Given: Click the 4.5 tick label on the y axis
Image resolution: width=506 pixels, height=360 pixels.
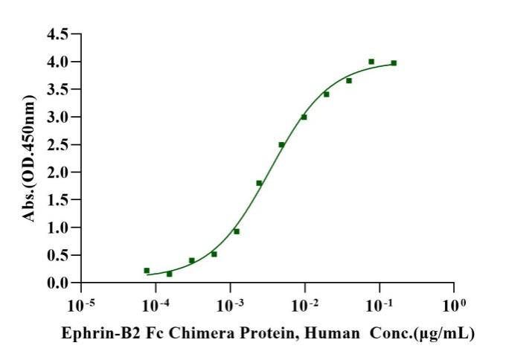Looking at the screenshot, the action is coord(58,34).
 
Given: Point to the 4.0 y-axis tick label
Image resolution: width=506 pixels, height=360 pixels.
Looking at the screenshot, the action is coord(58,62).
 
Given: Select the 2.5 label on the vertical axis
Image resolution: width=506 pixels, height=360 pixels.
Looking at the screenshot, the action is coord(58,144).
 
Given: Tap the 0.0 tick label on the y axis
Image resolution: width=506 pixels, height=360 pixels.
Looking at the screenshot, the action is coord(58,283).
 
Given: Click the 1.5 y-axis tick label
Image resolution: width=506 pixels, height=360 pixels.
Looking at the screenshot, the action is coord(58,200).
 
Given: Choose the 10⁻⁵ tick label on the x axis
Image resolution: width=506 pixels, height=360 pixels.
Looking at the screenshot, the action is coord(81,305).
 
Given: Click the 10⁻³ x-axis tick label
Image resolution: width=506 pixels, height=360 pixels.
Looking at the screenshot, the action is coord(231,305).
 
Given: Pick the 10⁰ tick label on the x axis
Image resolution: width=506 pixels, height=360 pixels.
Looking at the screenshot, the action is coord(454,305).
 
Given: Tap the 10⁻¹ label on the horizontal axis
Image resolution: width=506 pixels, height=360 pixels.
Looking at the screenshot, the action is coord(379,305).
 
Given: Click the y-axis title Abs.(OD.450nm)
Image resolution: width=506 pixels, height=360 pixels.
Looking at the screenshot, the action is coord(29,158).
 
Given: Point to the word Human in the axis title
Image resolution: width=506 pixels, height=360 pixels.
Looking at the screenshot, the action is coord(332,334).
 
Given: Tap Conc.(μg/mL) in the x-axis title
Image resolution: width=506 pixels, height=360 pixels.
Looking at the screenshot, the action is coord(422,334).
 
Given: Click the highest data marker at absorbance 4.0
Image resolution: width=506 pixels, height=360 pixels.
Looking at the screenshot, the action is coord(371,62).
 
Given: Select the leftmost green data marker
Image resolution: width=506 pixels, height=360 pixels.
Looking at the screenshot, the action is coord(147,270).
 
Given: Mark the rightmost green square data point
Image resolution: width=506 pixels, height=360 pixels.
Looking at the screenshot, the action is coord(394,63).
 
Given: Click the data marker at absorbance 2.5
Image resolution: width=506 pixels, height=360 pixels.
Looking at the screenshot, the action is coord(281,144).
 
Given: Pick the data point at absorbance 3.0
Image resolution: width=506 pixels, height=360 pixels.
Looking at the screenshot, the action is coord(304,117).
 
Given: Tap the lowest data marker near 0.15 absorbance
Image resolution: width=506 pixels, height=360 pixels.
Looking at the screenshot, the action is coord(170,274).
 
